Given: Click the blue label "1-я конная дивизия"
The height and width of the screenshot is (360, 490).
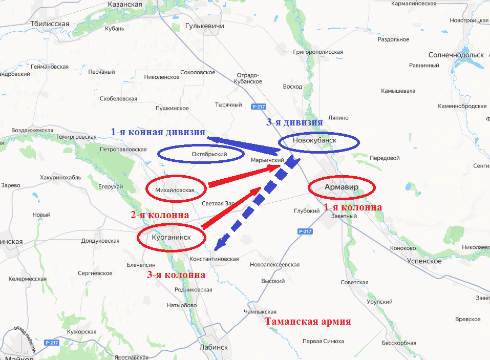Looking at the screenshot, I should tap(158, 132).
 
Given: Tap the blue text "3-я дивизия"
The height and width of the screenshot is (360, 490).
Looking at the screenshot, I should tap(294, 122).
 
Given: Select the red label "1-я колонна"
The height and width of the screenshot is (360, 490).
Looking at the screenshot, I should tap(353, 207).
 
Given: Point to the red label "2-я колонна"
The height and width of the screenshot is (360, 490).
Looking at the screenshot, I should tap(160, 215).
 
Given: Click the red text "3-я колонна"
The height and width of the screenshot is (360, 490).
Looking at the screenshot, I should tap(176, 275).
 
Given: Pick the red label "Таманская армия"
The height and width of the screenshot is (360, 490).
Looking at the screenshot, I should tap(308, 322).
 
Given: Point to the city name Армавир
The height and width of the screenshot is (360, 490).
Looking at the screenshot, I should tap(342, 187).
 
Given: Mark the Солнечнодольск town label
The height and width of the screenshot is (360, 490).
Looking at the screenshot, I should tap(456, 55).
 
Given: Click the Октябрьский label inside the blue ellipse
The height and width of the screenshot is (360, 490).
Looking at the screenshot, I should tap(209, 154).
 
